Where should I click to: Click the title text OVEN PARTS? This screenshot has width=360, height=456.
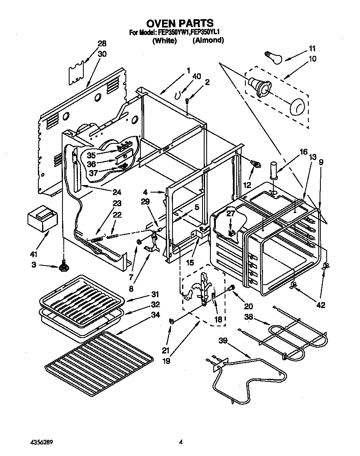[x=180, y=23]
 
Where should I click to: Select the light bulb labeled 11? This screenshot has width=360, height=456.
[x=273, y=56]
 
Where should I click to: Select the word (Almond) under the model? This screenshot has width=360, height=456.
[x=208, y=40]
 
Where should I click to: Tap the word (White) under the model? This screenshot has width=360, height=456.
[x=165, y=40]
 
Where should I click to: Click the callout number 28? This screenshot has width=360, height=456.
[x=102, y=44]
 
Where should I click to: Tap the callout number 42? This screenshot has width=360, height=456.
[x=321, y=304]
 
